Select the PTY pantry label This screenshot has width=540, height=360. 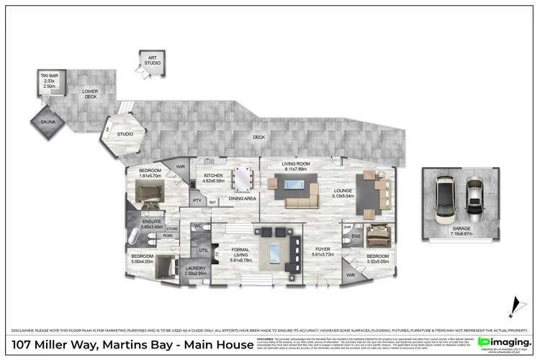click(x=196, y=201)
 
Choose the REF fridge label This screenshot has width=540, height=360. click(x=212, y=202)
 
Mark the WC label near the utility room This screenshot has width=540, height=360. click(x=197, y=227)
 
